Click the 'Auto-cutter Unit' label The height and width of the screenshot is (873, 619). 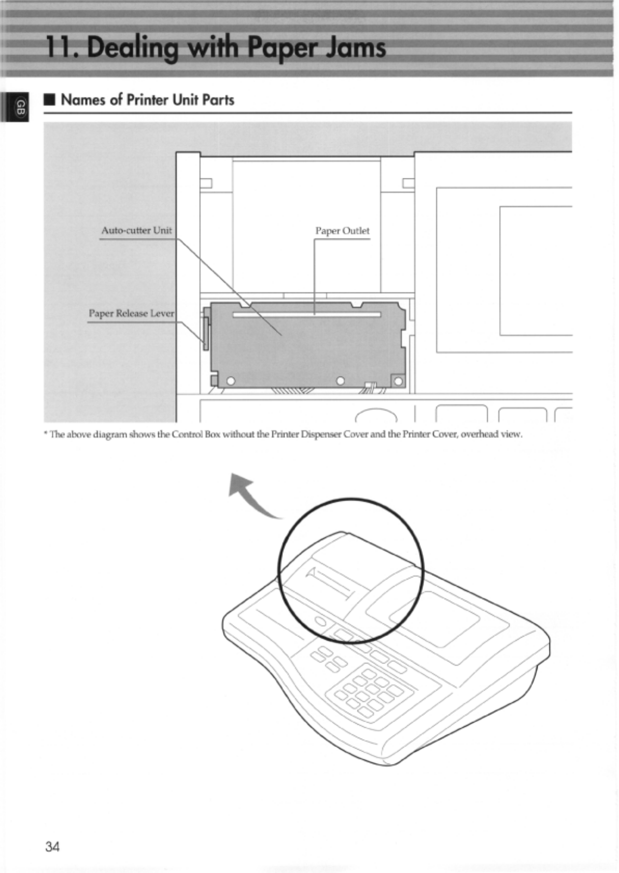[x=136, y=230]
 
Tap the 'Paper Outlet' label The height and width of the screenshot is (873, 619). [x=342, y=231]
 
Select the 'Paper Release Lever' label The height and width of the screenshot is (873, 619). [x=131, y=313]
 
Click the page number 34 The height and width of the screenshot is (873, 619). [x=52, y=847]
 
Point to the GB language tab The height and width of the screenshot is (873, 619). [x=20, y=107]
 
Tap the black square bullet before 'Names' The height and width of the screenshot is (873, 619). [x=50, y=100]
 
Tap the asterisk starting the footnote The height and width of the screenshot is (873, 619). [x=46, y=434]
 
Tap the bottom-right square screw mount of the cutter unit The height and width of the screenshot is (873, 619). [x=398, y=382]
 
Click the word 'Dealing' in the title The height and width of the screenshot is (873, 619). [x=132, y=48]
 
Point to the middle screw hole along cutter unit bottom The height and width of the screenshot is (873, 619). [x=340, y=381]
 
